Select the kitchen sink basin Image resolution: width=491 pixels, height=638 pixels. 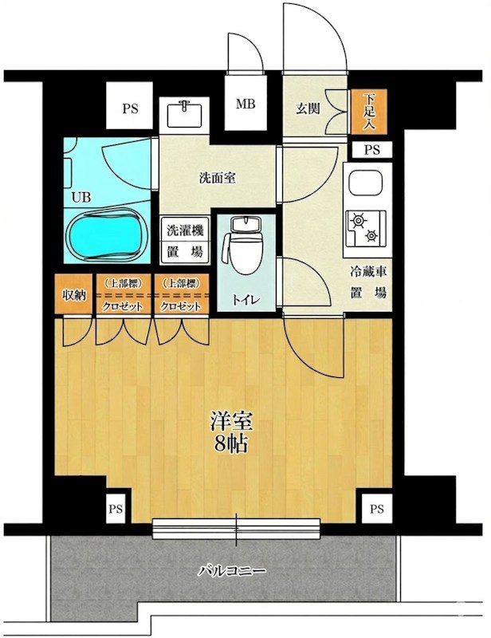(366, 183)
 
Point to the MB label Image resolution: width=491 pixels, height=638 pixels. (245, 104)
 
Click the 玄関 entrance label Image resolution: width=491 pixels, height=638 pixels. (308, 108)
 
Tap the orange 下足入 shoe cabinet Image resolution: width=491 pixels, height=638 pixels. (369, 112)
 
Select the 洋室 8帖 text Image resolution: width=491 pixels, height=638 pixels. (231, 433)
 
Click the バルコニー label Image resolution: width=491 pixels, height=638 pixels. (232, 571)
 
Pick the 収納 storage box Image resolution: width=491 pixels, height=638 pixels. (73, 294)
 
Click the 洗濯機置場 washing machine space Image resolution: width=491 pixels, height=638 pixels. (185, 242)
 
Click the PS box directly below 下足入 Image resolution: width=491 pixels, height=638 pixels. (371, 150)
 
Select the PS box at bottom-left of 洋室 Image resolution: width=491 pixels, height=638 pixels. (116, 509)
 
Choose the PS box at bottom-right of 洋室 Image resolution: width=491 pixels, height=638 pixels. (377, 509)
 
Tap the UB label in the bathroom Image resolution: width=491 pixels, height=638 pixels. (81, 198)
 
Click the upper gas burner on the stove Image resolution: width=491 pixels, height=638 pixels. (359, 220)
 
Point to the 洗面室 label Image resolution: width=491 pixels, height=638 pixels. (218, 178)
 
